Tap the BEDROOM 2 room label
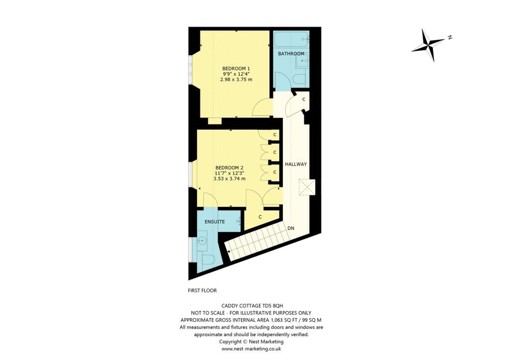coord(229,168)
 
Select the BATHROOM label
coord(291,54)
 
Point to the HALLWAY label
coord(296,164)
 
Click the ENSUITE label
coord(215,222)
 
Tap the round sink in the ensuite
coord(202,242)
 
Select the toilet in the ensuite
coord(208,259)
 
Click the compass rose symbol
coord(427,45)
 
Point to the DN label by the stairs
coord(291,228)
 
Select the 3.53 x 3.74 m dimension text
coord(229,179)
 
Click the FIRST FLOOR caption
coord(202,290)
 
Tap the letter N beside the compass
coord(449,37)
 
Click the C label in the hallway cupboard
coord(303,99)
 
